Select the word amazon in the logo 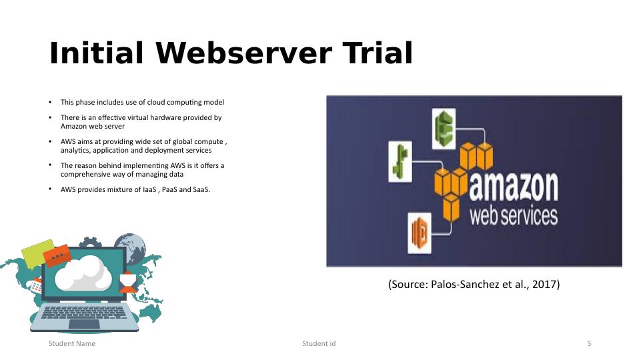tap(514, 187)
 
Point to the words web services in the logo tap(514, 216)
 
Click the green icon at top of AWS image tap(444, 129)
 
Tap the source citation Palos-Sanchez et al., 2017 tap(474, 285)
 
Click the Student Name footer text tap(72, 343)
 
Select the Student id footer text tap(319, 343)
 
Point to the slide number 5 tap(589, 343)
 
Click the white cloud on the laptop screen tap(83, 273)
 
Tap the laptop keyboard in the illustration tap(84, 312)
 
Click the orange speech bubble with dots tap(57, 255)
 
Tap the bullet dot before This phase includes tap(50, 102)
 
